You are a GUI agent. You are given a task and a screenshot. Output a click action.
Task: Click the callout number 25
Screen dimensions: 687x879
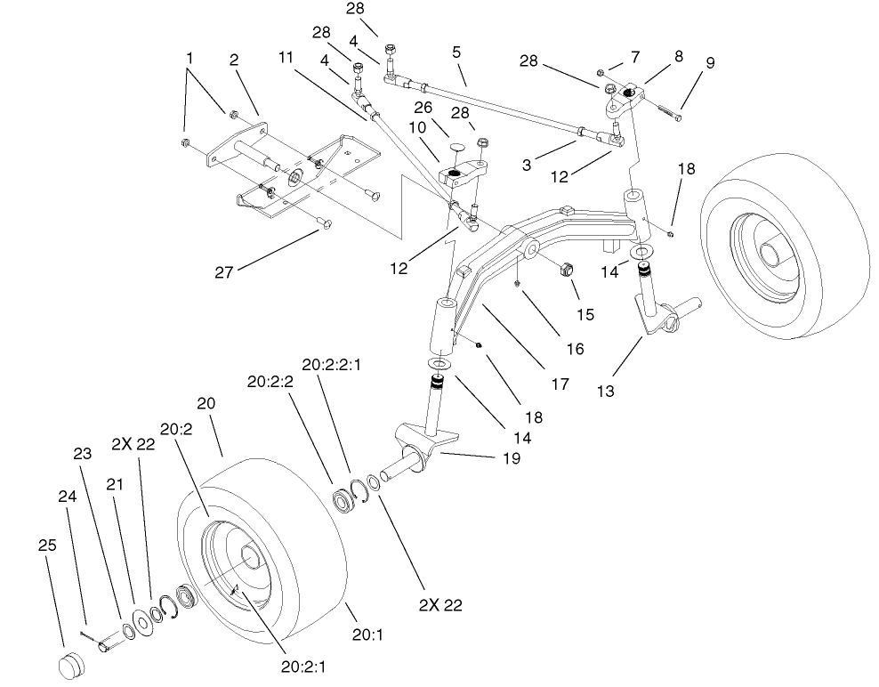48,546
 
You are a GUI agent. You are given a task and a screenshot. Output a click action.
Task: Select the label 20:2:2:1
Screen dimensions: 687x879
330,365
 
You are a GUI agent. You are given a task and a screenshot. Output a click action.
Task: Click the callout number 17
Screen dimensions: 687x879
559,385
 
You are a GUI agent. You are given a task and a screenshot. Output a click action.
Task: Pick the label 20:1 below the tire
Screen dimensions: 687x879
367,634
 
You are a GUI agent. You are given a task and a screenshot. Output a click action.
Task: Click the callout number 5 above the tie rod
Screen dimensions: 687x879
456,53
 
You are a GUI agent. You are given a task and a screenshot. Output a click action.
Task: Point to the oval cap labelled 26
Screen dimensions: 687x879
456,144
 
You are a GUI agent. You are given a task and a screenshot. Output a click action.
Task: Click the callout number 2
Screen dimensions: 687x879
234,60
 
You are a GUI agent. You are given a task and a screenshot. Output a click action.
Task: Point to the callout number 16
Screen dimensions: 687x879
575,349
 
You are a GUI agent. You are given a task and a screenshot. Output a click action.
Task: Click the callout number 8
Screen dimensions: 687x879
679,54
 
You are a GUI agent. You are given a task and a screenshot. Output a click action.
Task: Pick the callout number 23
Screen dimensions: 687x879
83,453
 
